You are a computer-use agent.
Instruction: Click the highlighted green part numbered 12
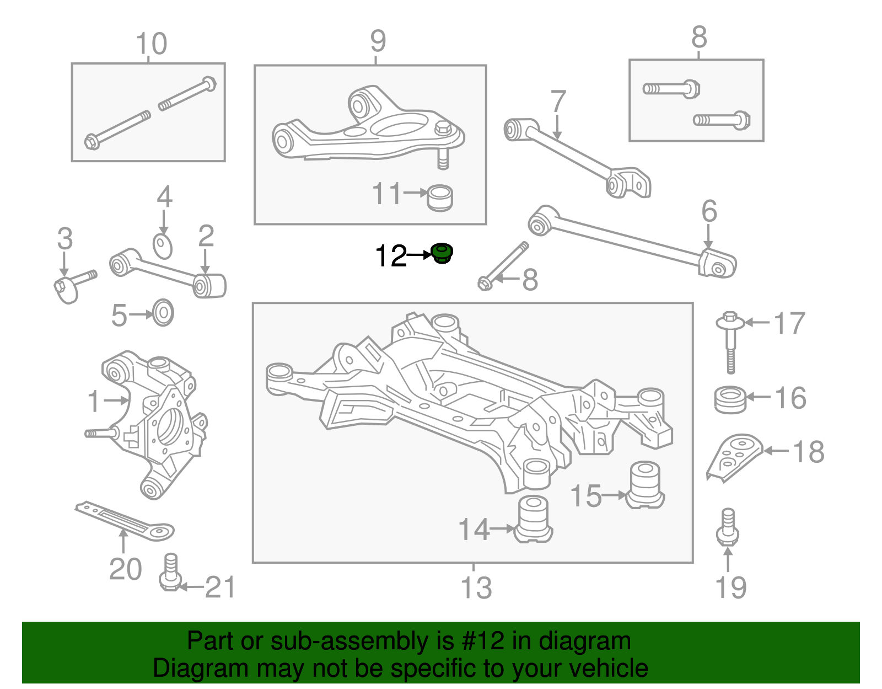click(x=442, y=254)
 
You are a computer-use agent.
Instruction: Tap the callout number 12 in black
click(x=390, y=257)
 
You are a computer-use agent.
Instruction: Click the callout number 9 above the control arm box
click(x=378, y=41)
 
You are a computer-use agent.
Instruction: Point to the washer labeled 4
click(x=163, y=246)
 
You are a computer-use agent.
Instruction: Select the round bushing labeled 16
click(x=730, y=399)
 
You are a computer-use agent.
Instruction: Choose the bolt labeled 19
click(x=728, y=527)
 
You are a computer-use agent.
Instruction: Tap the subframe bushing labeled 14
click(x=534, y=520)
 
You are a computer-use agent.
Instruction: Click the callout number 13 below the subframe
click(x=476, y=587)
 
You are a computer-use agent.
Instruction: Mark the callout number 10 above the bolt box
click(x=151, y=44)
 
